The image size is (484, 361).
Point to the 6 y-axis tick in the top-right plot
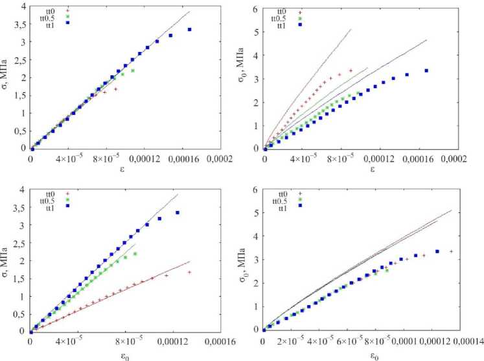(255, 8)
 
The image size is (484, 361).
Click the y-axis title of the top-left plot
(6, 78)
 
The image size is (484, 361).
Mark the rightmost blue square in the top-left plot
(189, 29)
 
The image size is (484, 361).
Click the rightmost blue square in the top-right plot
(426, 71)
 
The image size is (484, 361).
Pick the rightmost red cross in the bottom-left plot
(189, 272)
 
